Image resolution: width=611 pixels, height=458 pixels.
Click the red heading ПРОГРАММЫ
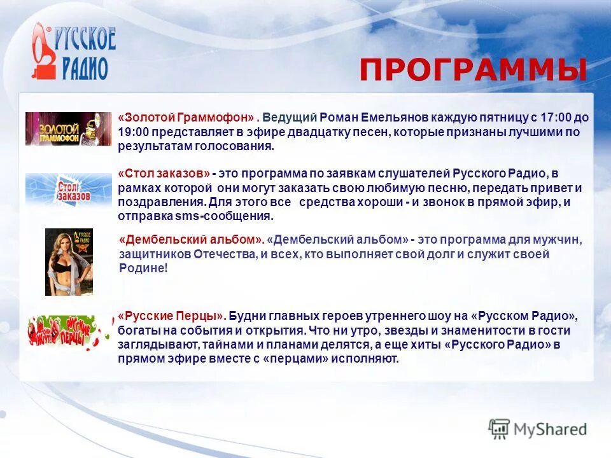(472, 70)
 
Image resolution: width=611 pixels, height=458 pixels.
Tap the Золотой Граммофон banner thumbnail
(68, 128)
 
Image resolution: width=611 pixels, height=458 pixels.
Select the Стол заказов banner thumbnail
(68, 188)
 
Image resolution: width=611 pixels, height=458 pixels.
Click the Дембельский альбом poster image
(69, 262)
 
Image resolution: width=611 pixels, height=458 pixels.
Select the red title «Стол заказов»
(164, 174)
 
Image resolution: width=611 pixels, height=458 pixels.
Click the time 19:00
(130, 132)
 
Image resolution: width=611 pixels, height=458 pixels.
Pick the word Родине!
(143, 268)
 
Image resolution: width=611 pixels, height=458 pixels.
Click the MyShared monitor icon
(499, 429)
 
